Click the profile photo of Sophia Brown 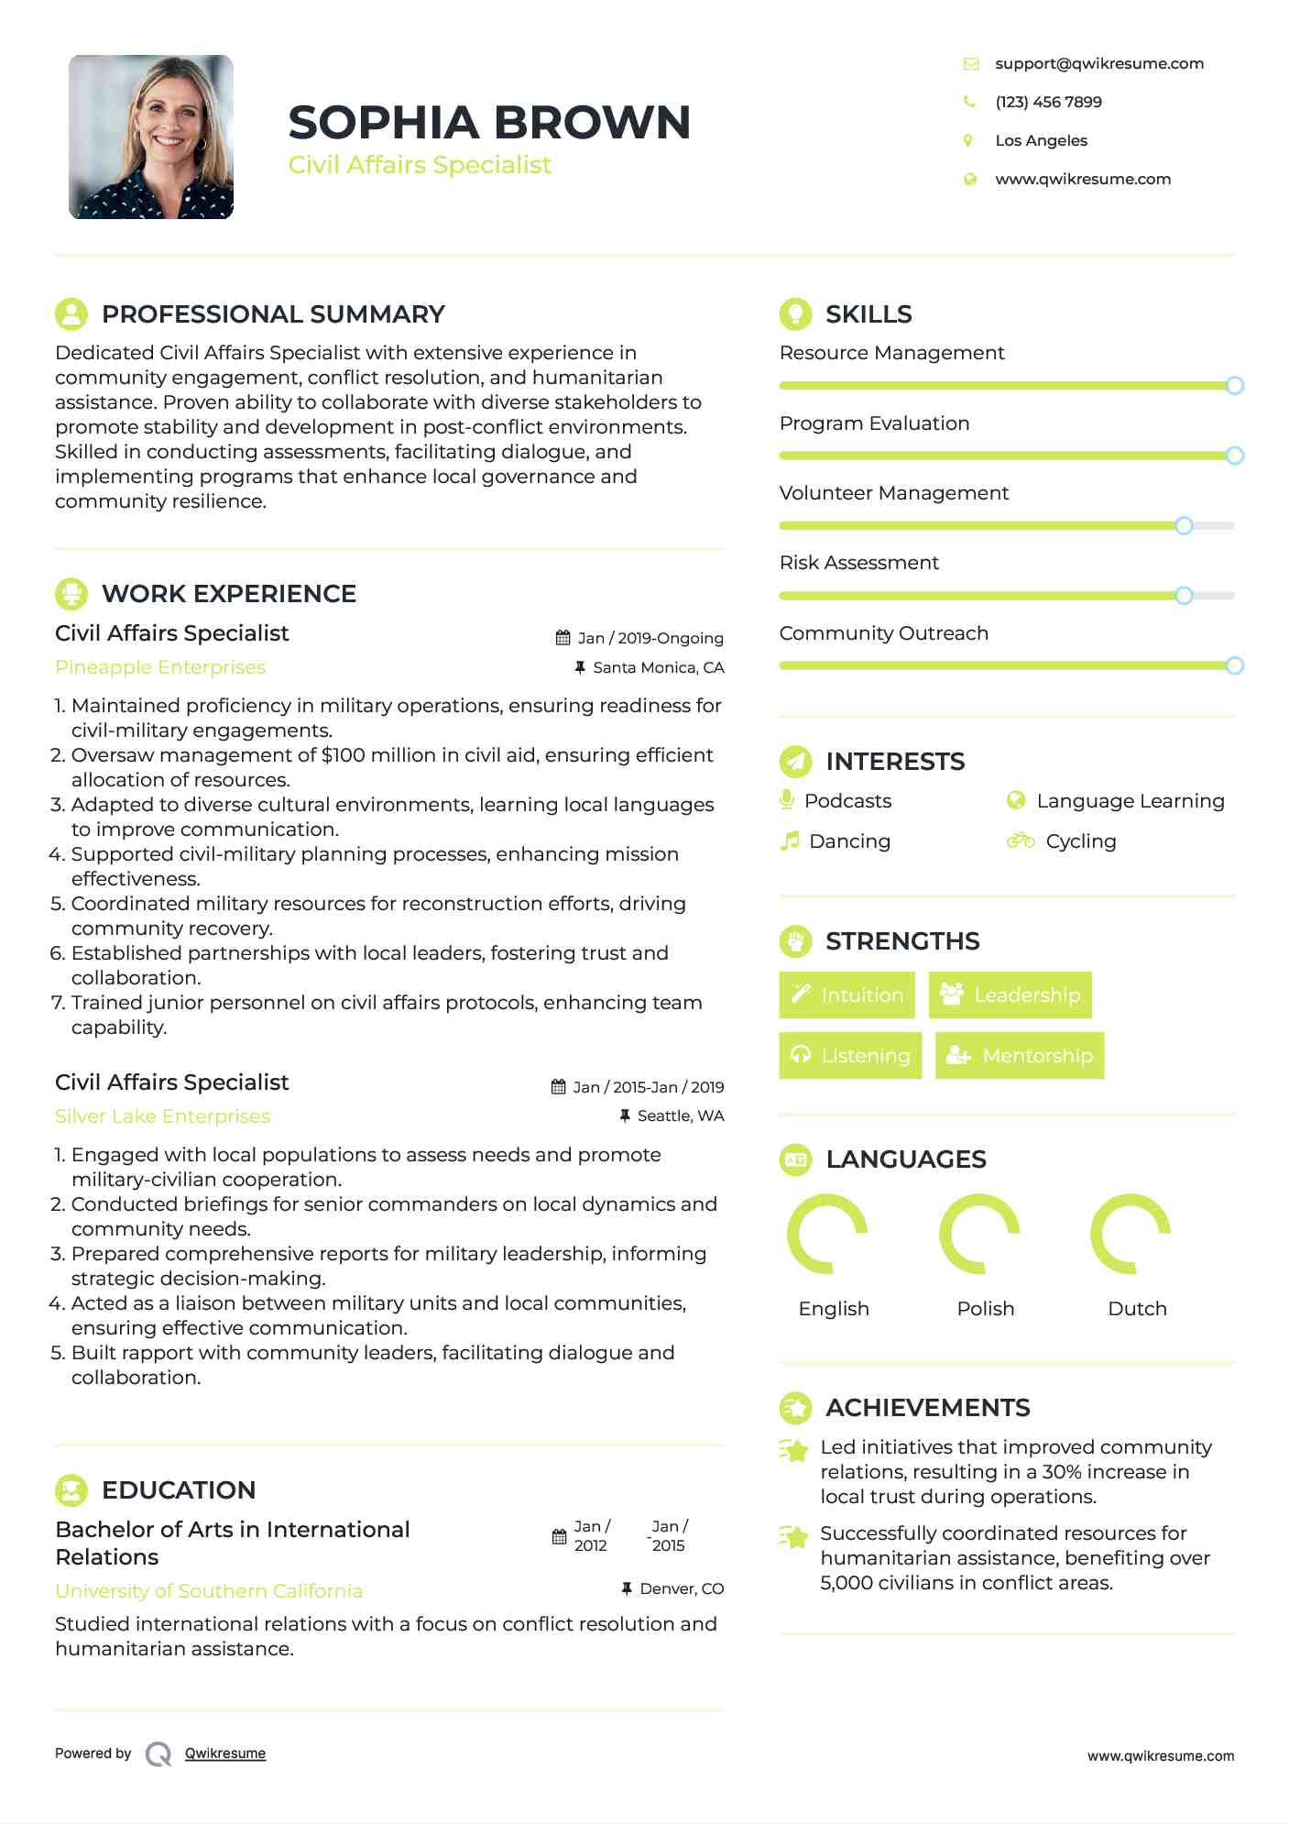[x=151, y=137]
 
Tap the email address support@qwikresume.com [x=1098, y=63]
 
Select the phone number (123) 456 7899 [x=1048, y=102]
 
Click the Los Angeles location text [x=1041, y=140]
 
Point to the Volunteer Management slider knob [x=1184, y=525]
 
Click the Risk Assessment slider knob [x=1184, y=596]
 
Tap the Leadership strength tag [x=1010, y=994]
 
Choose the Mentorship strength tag [x=1020, y=1055]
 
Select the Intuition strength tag [x=847, y=994]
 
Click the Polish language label [x=985, y=1308]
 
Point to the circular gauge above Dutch [x=1131, y=1234]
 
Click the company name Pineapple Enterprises [x=160, y=667]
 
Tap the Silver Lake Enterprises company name [x=162, y=1116]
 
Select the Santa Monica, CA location [x=658, y=667]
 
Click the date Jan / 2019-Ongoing [x=650, y=638]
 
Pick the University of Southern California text [x=209, y=1591]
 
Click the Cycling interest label [x=1080, y=841]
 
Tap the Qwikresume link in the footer [x=225, y=1753]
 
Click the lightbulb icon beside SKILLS [x=795, y=313]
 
